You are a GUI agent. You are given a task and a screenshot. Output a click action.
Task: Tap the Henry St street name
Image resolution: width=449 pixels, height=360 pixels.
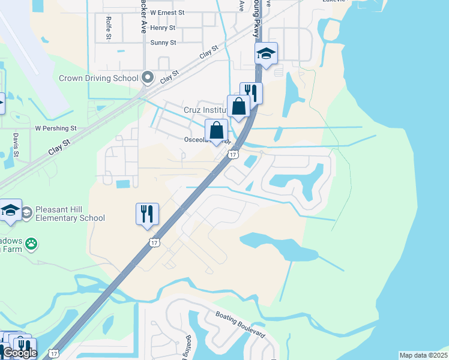pos(163,28)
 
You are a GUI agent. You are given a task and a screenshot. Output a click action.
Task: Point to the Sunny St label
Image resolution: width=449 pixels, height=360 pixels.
pos(163,43)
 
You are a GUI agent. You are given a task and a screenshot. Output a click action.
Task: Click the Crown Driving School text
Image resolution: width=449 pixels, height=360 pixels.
pos(98,78)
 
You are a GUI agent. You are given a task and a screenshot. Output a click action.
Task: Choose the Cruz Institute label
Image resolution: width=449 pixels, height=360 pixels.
pos(204,110)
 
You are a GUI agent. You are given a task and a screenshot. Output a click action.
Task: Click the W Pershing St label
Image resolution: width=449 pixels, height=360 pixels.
pos(56,128)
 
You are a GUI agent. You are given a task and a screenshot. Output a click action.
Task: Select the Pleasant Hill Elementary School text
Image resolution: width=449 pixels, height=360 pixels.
pos(71,214)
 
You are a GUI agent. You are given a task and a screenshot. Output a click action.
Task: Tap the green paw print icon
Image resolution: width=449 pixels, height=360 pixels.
pos(31,244)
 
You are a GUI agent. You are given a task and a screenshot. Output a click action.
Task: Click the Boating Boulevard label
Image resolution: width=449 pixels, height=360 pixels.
pos(240,325)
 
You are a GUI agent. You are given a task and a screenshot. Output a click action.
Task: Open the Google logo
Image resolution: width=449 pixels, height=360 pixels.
pos(19,353)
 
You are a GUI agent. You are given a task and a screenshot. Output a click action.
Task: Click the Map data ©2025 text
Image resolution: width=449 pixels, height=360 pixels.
pos(423,355)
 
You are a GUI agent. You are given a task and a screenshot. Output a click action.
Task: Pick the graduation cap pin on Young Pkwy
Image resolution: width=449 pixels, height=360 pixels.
pos(266,54)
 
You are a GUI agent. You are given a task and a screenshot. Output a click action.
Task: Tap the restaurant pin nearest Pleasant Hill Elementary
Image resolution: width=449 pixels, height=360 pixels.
pos(147,213)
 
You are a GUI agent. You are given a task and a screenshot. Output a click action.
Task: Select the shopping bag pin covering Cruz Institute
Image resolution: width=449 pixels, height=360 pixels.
pos(238,106)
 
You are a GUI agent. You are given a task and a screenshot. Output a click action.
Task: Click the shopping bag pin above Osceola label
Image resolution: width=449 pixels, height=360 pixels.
pos(216,130)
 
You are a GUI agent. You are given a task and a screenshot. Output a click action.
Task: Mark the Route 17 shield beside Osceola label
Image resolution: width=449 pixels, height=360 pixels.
pos(232,155)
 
